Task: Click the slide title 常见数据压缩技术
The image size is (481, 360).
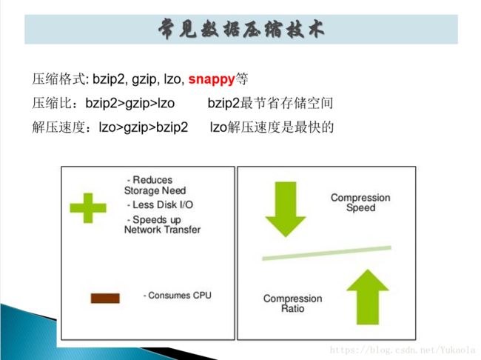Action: [241, 29]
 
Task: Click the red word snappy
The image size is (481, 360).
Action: [212, 79]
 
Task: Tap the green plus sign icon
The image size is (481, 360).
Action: [88, 208]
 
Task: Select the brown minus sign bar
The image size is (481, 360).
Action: [105, 299]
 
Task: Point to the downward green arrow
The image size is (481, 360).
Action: [286, 209]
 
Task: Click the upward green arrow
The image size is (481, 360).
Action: [368, 297]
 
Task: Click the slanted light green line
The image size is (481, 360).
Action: [326, 253]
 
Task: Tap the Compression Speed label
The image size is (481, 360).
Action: [360, 202]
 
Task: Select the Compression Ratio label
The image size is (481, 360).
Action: [292, 303]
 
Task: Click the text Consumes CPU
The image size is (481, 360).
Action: [178, 296]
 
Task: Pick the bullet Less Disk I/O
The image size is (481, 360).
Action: [160, 205]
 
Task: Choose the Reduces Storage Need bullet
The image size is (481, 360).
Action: [155, 185]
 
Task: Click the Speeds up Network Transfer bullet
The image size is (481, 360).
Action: [162, 224]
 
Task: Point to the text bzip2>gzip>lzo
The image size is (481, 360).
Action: [130, 103]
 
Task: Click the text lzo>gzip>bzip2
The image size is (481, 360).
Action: [144, 127]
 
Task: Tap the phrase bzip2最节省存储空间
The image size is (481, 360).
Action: [270, 103]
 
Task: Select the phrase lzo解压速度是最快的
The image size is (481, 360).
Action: [272, 127]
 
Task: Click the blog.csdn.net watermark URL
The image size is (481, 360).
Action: [403, 350]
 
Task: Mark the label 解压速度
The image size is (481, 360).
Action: [58, 127]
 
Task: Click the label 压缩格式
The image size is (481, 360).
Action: [58, 79]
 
